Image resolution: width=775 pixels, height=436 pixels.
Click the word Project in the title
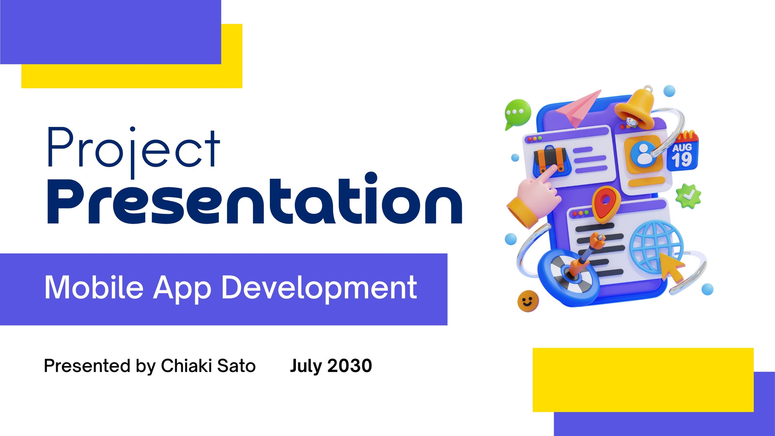(134, 152)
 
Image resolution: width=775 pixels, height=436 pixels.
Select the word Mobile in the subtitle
(94, 287)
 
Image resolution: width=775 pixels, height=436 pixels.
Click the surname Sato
(236, 366)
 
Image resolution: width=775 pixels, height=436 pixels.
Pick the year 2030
(349, 366)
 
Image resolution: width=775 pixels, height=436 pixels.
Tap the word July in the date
(306, 366)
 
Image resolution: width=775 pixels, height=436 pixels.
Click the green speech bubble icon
(518, 113)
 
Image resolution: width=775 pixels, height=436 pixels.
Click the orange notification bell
(635, 106)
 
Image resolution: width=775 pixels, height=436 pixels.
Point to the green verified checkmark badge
(688, 196)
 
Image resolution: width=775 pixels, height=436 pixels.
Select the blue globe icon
(656, 247)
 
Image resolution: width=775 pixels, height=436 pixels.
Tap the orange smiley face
(528, 301)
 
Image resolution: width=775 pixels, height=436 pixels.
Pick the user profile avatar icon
(644, 155)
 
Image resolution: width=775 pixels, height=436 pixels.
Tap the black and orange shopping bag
(551, 160)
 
